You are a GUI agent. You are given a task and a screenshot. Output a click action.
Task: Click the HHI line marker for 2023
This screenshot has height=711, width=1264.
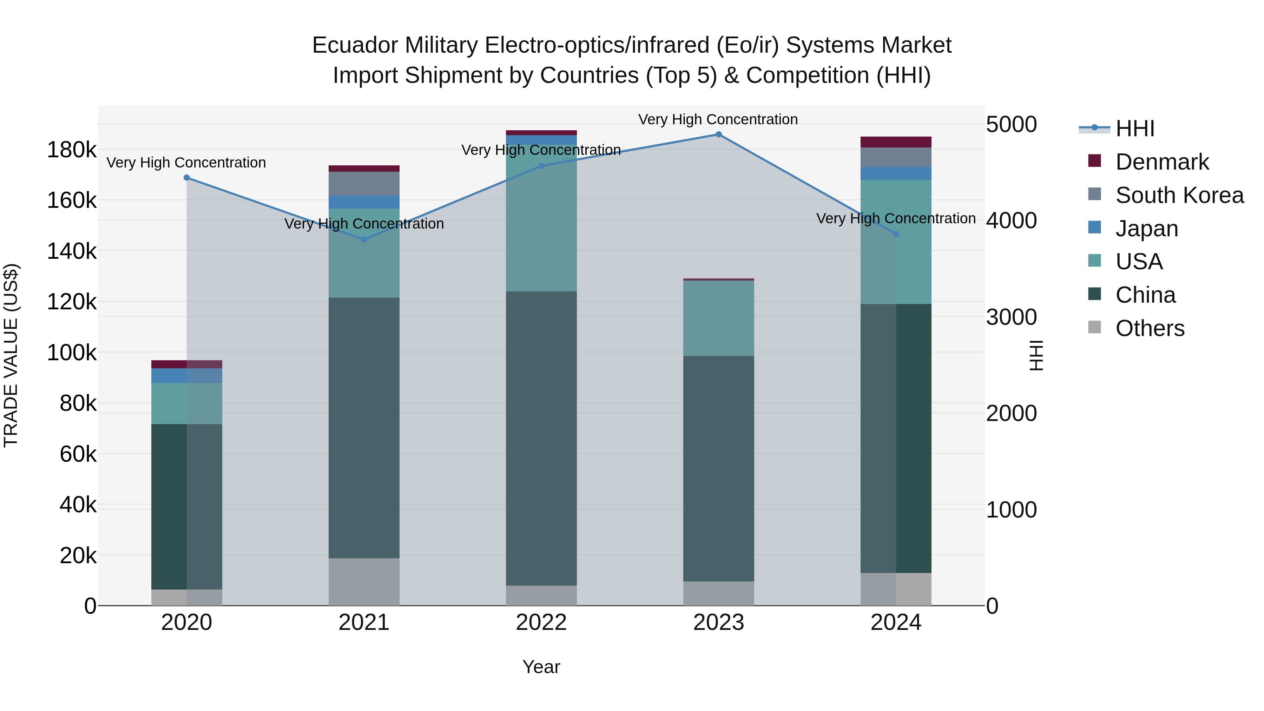point(718,134)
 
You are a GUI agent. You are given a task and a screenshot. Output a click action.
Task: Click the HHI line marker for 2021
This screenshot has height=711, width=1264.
point(364,240)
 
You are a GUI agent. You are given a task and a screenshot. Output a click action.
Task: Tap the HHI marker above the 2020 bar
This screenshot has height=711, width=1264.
point(186,178)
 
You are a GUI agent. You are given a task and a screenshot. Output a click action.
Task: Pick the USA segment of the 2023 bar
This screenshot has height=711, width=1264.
point(718,318)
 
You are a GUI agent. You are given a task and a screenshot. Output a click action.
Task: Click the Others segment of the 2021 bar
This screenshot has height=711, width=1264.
point(364,581)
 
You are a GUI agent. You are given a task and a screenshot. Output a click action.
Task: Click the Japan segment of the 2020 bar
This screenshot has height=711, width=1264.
point(186,375)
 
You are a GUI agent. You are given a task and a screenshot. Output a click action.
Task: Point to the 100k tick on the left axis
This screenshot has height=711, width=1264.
point(72,352)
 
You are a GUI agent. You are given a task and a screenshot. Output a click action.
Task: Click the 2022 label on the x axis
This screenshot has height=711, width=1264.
point(541,623)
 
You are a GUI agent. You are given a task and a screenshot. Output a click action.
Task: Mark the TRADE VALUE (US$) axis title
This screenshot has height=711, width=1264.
point(11,355)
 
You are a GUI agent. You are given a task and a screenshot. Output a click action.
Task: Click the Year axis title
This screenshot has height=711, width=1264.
point(541,667)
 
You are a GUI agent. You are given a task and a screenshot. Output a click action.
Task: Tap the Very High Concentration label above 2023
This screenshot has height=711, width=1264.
point(718,119)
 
